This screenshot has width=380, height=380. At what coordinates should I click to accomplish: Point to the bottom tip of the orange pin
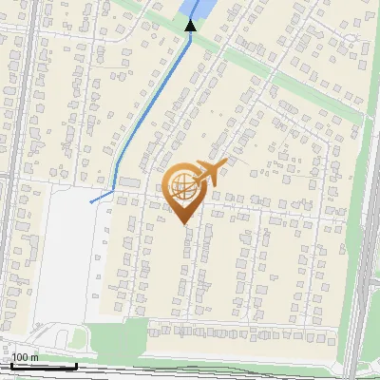coord(183,223)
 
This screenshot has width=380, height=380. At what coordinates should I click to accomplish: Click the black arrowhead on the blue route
coord(191,25)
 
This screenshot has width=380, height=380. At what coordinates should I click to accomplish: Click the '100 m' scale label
coord(26,358)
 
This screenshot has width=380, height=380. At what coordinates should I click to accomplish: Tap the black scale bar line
coord(43,366)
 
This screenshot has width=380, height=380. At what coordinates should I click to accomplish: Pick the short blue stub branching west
coord(101,198)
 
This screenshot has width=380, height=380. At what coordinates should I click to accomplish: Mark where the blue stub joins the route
coord(114,192)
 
